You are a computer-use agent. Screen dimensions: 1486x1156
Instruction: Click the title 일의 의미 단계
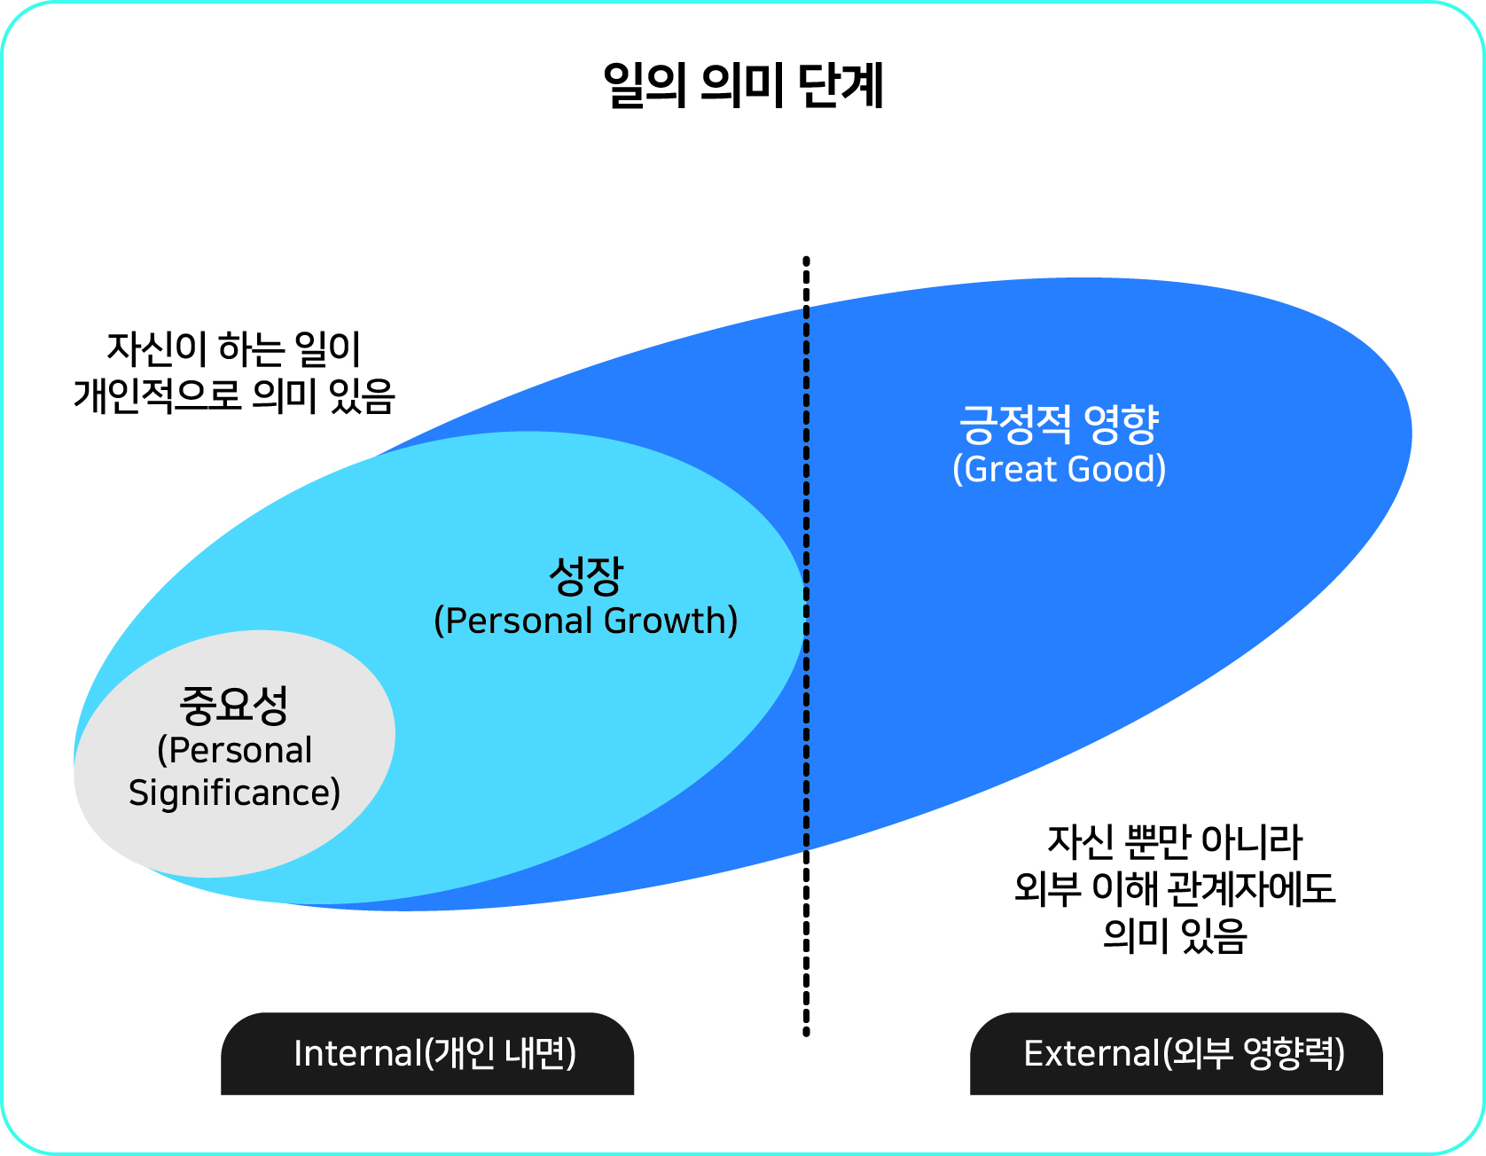tap(743, 86)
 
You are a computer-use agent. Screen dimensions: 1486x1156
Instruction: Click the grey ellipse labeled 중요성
tap(234, 754)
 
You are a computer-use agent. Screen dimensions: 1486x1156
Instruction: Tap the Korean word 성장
tap(586, 576)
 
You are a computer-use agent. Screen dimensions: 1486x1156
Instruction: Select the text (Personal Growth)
tap(586, 621)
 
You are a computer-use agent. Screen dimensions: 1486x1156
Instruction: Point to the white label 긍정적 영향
tap(1060, 424)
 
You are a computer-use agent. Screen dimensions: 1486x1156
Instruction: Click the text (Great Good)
tap(1060, 469)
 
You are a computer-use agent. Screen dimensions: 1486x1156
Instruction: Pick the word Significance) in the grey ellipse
tap(234, 793)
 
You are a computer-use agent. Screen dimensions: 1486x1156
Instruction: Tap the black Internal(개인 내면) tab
tap(427, 1053)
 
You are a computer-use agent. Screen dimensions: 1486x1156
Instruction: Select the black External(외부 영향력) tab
tap(1177, 1053)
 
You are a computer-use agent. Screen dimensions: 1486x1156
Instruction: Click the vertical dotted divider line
tap(806, 646)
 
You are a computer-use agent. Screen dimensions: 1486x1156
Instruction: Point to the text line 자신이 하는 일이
tap(234, 349)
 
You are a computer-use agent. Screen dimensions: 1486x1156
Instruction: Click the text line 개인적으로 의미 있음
tap(234, 395)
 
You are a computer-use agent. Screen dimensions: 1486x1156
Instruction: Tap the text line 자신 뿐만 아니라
tap(1175, 842)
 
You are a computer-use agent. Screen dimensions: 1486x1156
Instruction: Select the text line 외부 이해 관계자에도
tap(1175, 888)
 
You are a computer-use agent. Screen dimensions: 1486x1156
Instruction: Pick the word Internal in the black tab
tap(358, 1053)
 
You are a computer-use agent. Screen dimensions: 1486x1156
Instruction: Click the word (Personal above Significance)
tap(234, 750)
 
